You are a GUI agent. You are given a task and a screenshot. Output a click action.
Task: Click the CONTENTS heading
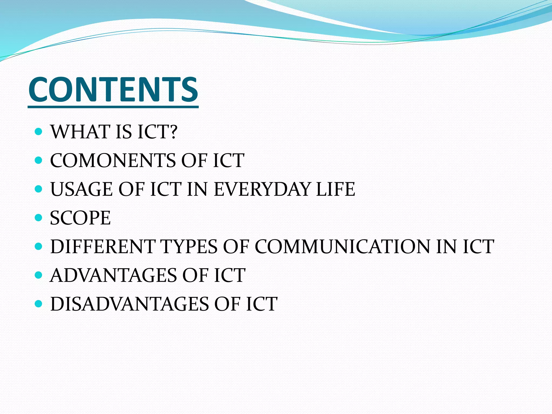coord(113,89)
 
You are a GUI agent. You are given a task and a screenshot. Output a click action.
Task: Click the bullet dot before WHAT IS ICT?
coord(39,132)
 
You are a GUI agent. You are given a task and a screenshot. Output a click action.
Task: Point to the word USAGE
coord(81,189)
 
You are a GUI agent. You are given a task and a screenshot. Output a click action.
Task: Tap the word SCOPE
coord(80,218)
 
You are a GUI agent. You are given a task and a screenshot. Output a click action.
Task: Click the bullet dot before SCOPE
coord(39,218)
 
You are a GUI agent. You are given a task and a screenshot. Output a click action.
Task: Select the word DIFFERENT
coord(102,247)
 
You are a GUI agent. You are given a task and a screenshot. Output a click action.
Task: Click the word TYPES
coord(189,247)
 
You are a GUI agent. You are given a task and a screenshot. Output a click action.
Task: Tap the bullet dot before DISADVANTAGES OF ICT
coord(39,304)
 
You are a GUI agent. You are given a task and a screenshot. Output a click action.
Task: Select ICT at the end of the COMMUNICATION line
coord(478,247)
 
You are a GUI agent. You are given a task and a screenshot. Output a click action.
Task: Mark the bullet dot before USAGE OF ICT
coord(39,189)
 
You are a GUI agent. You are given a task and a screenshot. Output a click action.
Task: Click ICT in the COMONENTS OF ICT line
coord(229,161)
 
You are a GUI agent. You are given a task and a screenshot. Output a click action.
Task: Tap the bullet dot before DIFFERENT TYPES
coord(39,246)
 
